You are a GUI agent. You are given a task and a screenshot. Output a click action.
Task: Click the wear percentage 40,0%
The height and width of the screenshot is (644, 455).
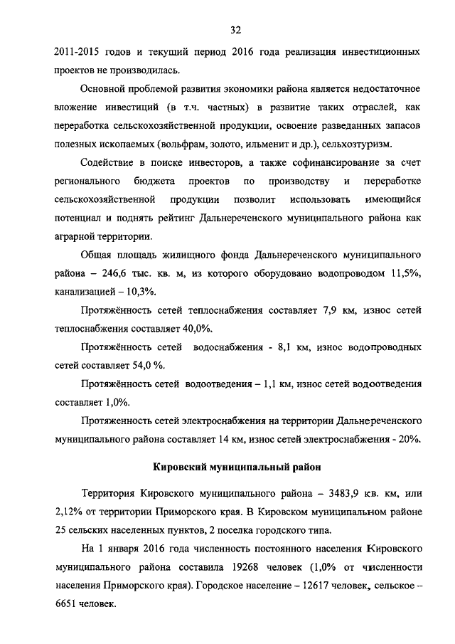(x=193, y=329)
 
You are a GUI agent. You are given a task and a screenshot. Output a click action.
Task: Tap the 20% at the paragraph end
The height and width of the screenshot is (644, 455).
(x=409, y=439)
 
